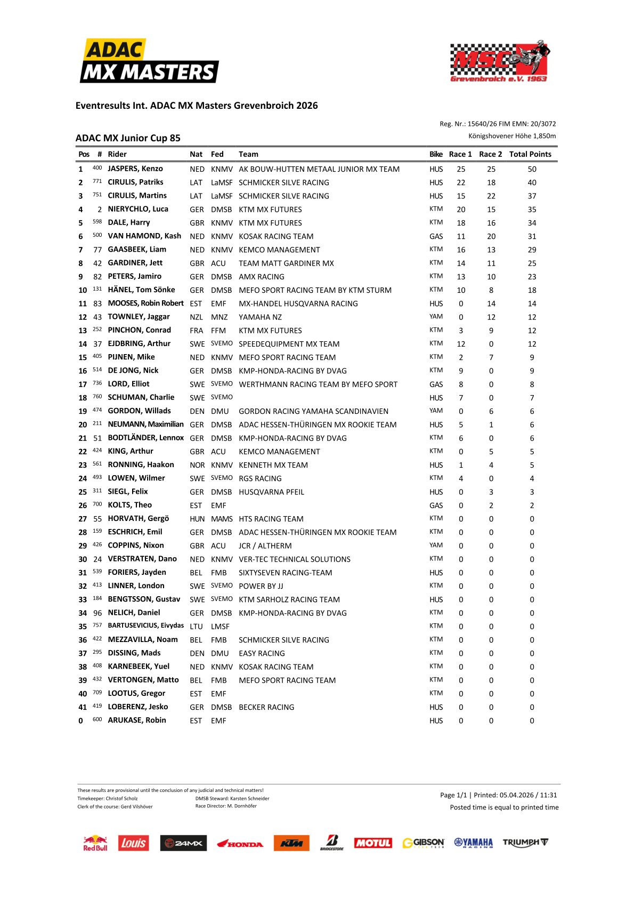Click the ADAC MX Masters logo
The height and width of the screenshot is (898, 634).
149,61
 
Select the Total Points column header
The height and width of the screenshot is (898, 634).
530,154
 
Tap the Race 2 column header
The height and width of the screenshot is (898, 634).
490,154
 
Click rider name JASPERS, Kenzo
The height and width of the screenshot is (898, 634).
135,169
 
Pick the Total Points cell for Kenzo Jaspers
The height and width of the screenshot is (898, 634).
532,169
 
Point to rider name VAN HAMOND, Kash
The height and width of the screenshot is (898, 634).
144,236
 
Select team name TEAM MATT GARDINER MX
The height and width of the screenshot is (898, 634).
286,263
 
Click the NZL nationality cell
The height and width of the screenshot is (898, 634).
197,317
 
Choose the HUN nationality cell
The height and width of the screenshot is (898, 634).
197,519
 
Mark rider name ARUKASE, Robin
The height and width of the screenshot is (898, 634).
137,720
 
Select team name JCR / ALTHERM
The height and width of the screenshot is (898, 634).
265,546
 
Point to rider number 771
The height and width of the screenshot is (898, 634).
97,182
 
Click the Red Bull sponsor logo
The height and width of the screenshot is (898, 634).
95,843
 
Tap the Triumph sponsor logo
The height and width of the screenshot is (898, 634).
525,843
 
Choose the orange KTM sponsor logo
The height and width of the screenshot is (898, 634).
291,843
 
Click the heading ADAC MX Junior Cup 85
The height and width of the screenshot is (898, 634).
128,138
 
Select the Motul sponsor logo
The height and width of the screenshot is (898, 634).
373,843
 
